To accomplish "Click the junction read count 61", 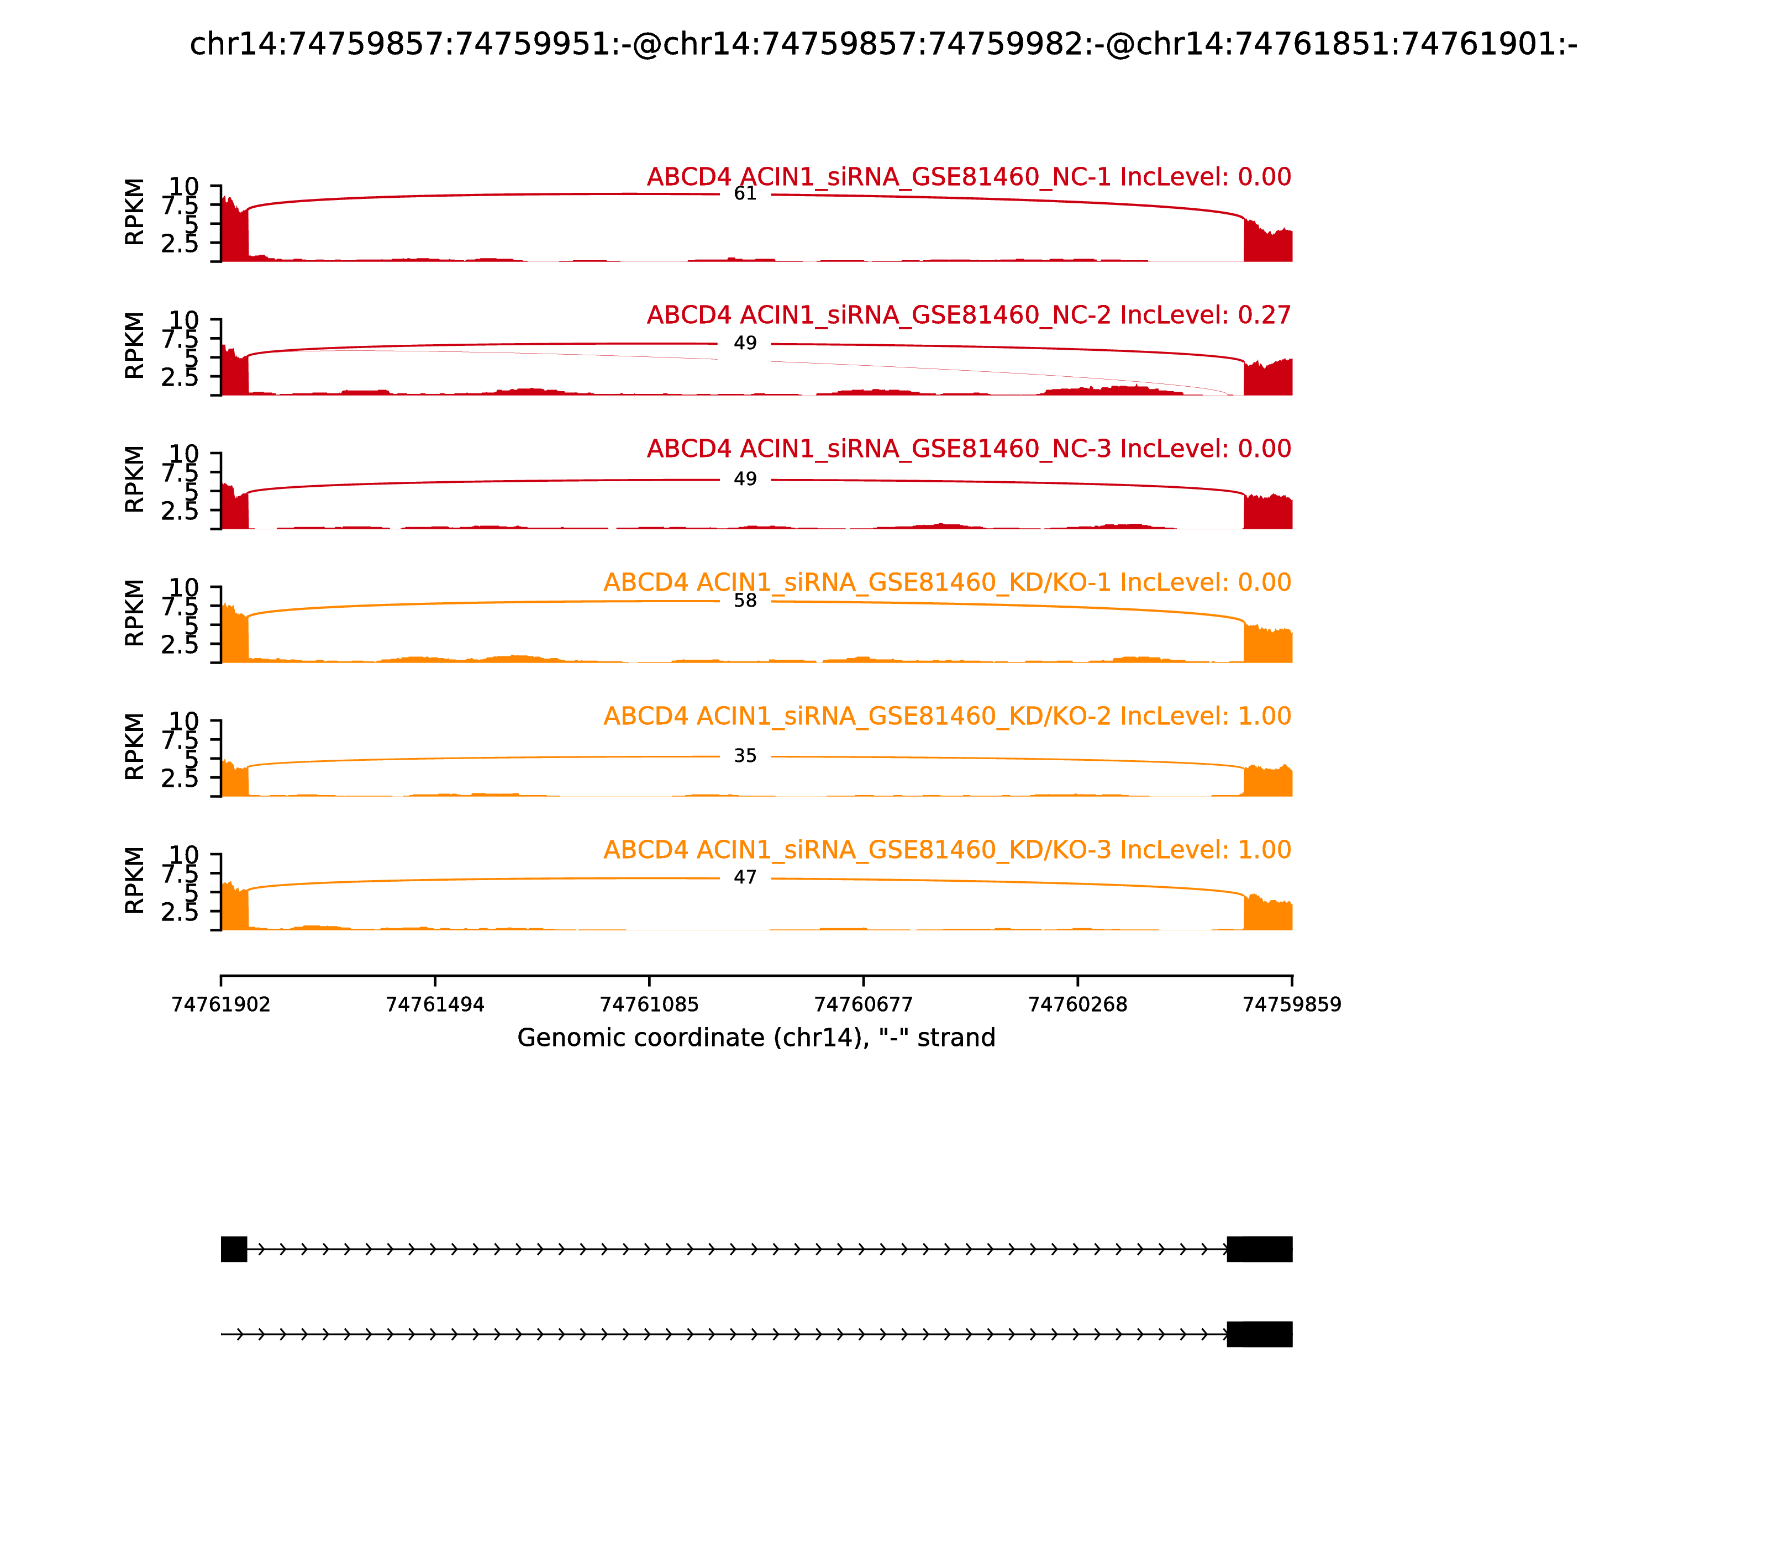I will (745, 193).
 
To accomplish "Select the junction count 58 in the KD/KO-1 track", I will (745, 601).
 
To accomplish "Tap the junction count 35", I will (745, 756).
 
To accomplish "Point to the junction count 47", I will (745, 878).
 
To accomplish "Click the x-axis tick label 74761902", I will (221, 1005).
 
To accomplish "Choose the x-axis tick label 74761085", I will (649, 1005).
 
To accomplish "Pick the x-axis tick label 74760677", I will (863, 1005).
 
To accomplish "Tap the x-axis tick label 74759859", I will (1292, 1005).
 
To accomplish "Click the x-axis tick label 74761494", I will (435, 1005).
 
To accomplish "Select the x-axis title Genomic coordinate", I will (756, 1038).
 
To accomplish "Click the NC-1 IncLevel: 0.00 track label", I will (969, 177).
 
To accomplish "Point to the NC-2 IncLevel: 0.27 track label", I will (969, 315).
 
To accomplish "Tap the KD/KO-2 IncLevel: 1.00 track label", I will (947, 717).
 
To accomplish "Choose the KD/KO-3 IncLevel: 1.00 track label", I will (947, 850).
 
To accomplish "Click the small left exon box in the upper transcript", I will (234, 1249).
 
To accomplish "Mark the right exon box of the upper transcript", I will (1260, 1249).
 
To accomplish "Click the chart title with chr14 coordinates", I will (883, 44).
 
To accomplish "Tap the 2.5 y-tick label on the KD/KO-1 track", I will (180, 645).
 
